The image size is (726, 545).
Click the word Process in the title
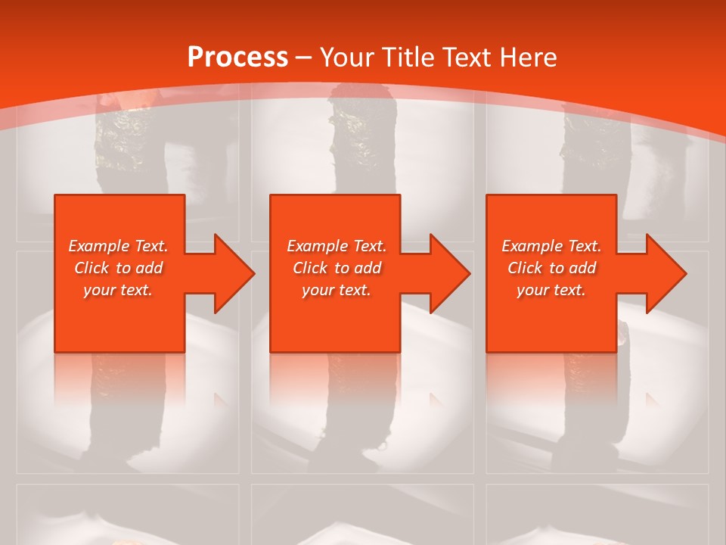[237, 58]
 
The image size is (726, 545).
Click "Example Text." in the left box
[119, 246]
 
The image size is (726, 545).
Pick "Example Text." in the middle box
[337, 246]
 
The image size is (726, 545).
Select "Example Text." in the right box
[551, 246]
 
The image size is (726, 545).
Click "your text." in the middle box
[337, 290]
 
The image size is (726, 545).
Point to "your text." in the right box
[551, 290]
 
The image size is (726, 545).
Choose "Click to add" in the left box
[119, 268]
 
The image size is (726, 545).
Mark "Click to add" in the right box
[551, 268]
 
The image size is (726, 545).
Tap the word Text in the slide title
[465, 58]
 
